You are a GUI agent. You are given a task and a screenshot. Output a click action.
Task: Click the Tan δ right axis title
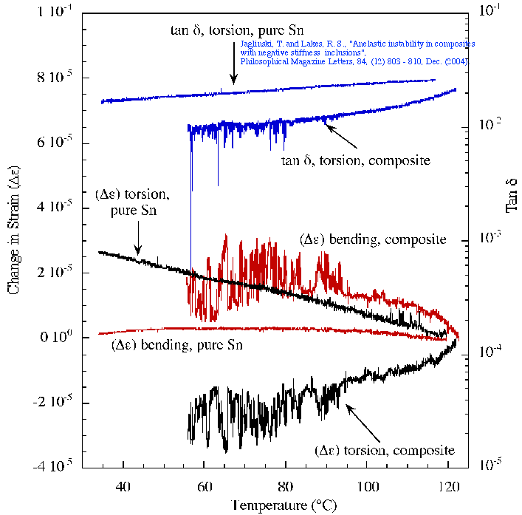[510, 197]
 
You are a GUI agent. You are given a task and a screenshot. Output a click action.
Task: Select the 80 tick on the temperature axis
[285, 487]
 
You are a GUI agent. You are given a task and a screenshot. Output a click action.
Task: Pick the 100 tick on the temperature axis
[366, 487]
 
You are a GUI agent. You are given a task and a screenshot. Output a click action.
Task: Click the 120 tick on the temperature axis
[447, 487]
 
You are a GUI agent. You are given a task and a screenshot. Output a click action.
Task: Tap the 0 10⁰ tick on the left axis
[65, 338]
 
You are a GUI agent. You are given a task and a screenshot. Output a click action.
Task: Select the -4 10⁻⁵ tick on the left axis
[59, 467]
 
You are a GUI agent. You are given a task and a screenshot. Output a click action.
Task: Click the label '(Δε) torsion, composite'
[384, 449]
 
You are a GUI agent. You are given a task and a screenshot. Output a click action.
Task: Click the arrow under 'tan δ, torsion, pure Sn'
[233, 70]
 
